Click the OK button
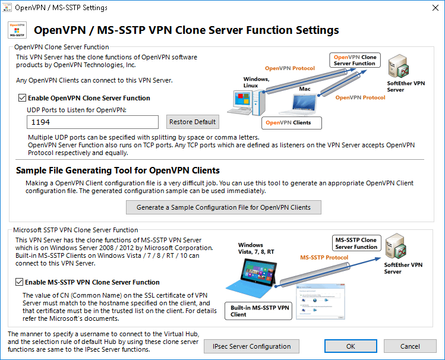pyautogui.click(x=351, y=346)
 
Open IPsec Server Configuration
pyautogui.click(x=251, y=346)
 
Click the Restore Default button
pyautogui.click(x=192, y=122)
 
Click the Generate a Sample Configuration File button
pyautogui.click(x=224, y=207)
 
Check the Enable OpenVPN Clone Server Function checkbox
pyautogui.click(x=23, y=98)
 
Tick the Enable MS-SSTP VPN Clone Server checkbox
pyautogui.click(x=23, y=282)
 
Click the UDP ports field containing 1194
pyautogui.click(x=93, y=122)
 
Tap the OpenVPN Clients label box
pyautogui.click(x=291, y=123)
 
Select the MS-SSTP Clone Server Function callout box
pyautogui.click(x=356, y=244)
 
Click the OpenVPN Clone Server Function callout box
pyautogui.click(x=355, y=60)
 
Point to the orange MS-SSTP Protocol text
pyautogui.click(x=324, y=258)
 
